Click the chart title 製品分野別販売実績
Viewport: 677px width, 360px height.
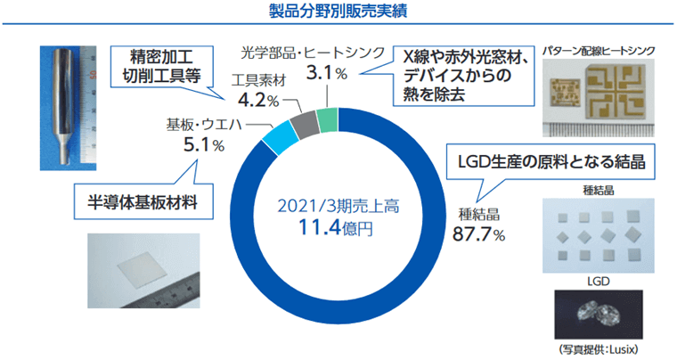pos(338,12)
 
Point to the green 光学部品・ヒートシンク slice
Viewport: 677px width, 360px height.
pos(327,118)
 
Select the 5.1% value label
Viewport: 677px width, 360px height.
pos(203,143)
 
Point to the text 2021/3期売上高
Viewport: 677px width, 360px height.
pos(337,206)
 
